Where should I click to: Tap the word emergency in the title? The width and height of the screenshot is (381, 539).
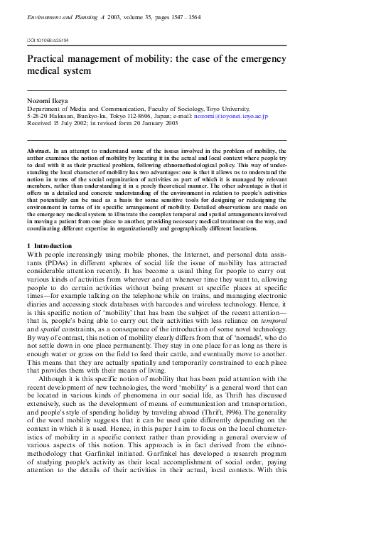[x=259, y=59]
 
